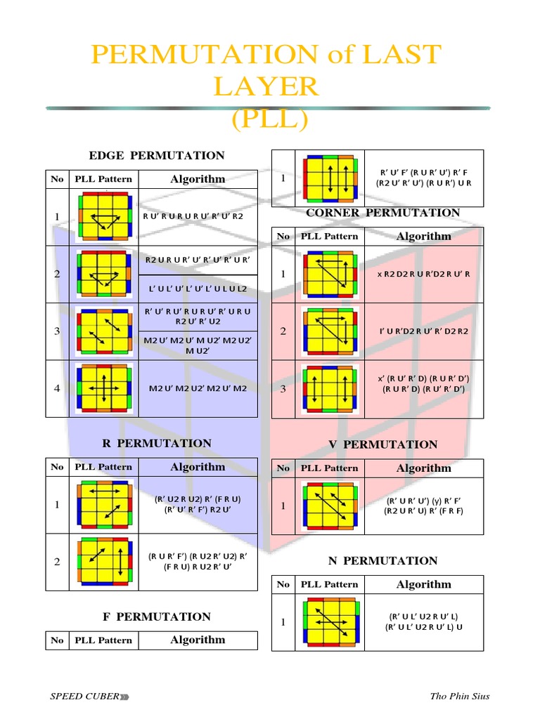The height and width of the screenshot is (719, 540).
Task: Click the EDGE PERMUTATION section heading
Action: (x=157, y=155)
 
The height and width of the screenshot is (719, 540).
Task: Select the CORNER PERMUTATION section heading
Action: (x=383, y=213)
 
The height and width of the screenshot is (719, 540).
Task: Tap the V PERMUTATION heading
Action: (x=383, y=444)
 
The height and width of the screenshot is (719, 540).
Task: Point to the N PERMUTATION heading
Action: (x=383, y=560)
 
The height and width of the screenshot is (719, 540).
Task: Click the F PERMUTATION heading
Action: (x=157, y=616)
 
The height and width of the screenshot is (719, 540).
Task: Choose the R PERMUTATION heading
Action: (x=157, y=443)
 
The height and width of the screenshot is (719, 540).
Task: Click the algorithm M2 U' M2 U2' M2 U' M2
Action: (x=198, y=388)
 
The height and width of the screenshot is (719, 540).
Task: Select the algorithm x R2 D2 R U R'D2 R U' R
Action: (x=423, y=274)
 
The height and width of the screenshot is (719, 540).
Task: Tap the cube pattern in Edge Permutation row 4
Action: (x=104, y=388)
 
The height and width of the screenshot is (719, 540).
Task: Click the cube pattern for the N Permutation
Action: (x=330, y=622)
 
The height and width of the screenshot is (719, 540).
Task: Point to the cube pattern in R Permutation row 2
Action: (x=104, y=562)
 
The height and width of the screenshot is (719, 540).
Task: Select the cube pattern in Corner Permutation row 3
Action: (x=330, y=388)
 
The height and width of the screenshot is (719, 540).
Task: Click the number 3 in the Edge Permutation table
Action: (x=57, y=331)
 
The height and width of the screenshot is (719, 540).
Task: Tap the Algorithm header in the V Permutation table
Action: (x=423, y=468)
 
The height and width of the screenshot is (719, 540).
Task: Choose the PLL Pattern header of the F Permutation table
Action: (x=103, y=640)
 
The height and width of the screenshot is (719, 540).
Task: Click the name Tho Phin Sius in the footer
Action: (x=459, y=696)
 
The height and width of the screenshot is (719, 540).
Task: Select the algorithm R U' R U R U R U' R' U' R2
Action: (x=193, y=216)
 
